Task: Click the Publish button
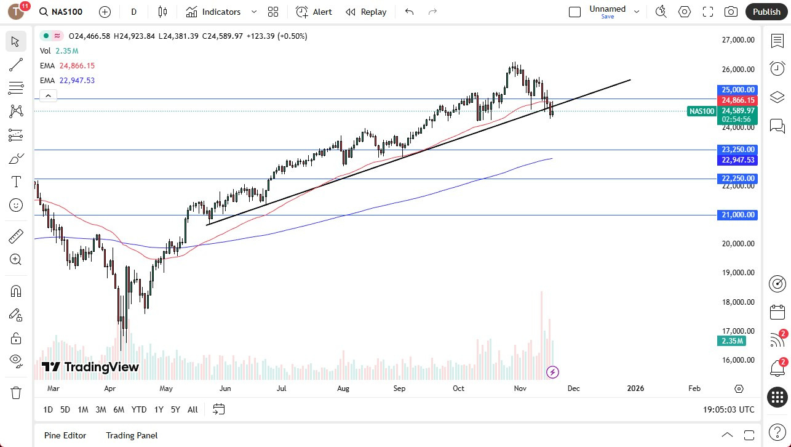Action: (766, 12)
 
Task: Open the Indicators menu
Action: (213, 12)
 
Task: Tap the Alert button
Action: (314, 12)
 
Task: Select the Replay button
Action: (366, 12)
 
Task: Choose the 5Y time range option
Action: (175, 409)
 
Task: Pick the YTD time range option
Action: (139, 409)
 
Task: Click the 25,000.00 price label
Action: (737, 90)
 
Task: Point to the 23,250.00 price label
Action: (737, 150)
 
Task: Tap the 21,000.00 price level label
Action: (737, 215)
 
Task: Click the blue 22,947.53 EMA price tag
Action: (737, 160)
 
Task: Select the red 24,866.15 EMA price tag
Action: (737, 100)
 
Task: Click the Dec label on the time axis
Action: (573, 389)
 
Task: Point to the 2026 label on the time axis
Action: (635, 389)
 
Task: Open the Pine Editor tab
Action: (65, 435)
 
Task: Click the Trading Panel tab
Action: (132, 435)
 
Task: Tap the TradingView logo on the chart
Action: (90, 368)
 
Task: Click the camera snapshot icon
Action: (731, 12)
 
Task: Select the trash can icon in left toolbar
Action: (16, 392)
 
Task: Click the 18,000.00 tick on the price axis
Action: (737, 302)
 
